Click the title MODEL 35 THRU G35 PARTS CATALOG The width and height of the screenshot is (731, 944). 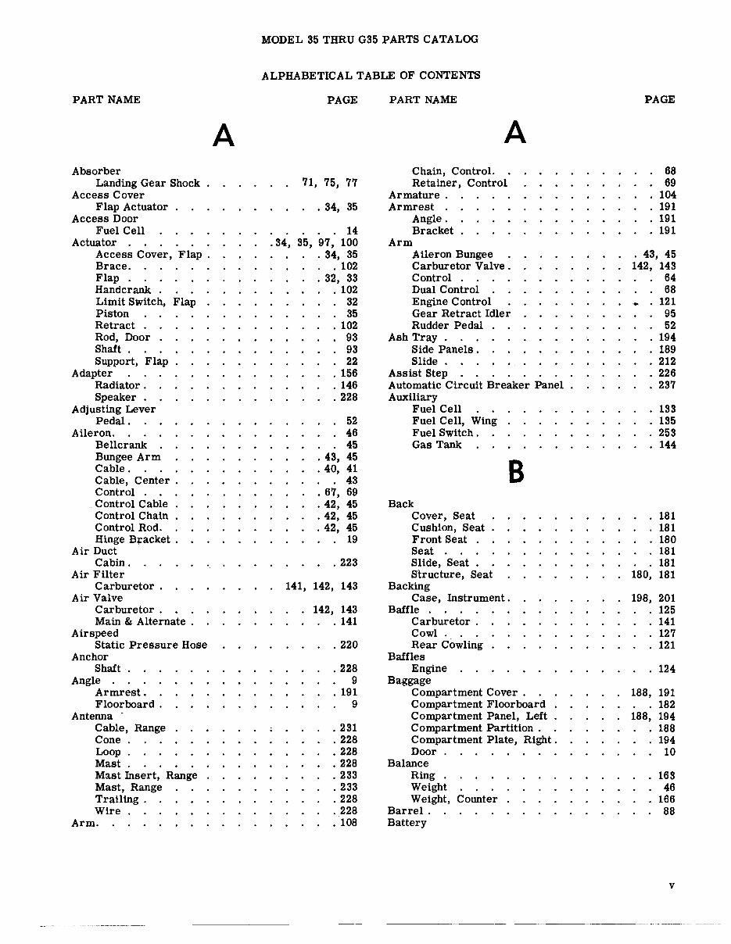370,39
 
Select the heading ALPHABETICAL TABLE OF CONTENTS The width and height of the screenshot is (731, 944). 371,76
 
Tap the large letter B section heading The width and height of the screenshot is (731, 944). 515,471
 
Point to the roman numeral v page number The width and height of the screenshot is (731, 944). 672,885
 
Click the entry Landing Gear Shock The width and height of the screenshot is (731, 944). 148,183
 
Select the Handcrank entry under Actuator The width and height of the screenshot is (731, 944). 123,290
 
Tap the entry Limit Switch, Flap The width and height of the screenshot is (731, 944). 145,302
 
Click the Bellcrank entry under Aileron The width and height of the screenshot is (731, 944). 117,445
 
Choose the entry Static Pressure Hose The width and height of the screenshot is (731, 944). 151,645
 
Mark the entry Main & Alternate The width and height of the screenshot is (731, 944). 141,622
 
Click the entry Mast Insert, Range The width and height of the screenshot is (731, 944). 146,776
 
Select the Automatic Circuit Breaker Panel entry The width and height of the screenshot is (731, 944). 476,385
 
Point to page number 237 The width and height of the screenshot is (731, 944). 667,385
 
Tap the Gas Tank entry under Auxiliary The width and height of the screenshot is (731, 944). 437,445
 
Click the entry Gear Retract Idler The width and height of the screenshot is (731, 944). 461,313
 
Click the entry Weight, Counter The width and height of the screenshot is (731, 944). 454,799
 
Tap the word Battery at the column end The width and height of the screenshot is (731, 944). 407,823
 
